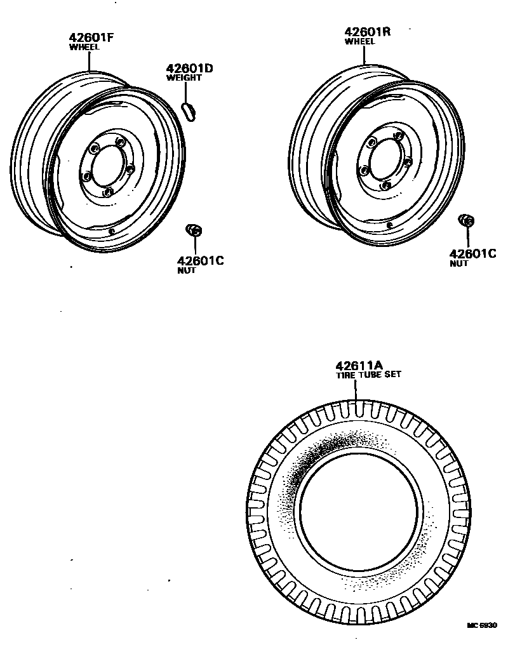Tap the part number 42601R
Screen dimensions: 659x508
pos(368,32)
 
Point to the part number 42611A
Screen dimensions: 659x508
pos(359,365)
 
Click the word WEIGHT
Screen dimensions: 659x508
pos(184,78)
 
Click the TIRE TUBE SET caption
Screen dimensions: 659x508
pos(368,375)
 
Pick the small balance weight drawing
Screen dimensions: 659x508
pos(189,109)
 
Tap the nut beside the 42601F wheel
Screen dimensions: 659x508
pos(194,230)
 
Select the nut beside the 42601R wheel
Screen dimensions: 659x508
pos(467,221)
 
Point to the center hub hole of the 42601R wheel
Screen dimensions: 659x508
pos(382,159)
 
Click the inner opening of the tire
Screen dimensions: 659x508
pos(359,511)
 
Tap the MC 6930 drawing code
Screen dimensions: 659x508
pos(481,625)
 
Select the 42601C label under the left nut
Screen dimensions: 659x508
pos(200,260)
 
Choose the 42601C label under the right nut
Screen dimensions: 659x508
pos(472,253)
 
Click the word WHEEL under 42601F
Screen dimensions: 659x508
pos(84,46)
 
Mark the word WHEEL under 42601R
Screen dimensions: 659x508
pos(359,41)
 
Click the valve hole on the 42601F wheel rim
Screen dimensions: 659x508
pos(112,231)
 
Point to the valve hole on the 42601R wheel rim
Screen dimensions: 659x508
pos(389,223)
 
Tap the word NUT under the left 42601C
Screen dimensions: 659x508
pos(187,270)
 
